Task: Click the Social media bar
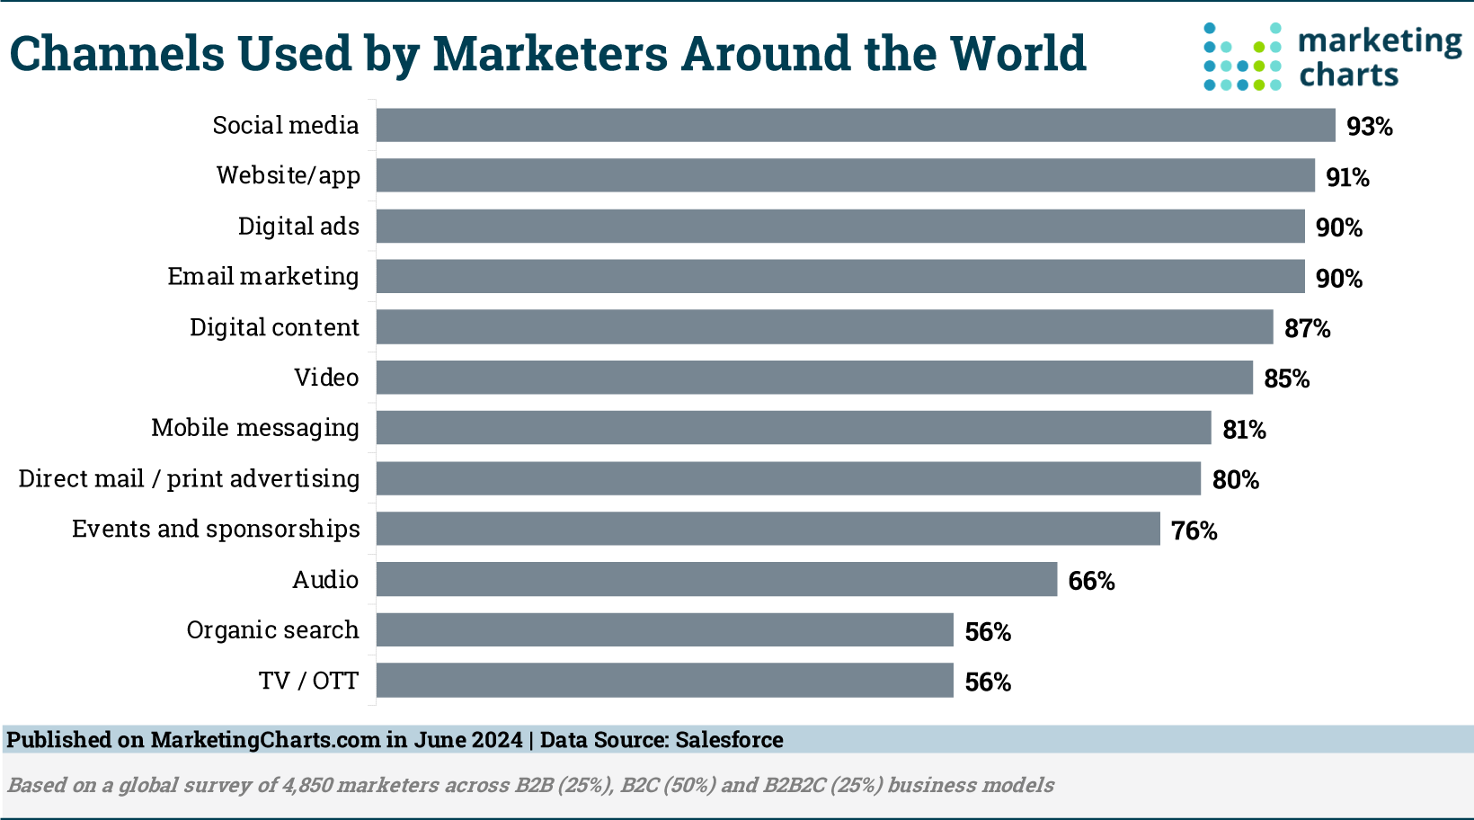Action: pos(856,125)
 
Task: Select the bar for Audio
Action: pos(716,579)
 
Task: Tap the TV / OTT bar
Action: pos(664,680)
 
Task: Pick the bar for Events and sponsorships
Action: pos(768,529)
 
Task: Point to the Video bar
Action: pos(814,377)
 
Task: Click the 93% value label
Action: pos(1370,127)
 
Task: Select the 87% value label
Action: pos(1307,328)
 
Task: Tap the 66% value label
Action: pos(1091,581)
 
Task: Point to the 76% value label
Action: pos(1194,530)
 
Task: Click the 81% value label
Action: pos(1244,430)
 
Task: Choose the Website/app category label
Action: pos(289,175)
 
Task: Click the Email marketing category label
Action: pos(263,276)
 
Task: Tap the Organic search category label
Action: pos(272,629)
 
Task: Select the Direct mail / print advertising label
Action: pos(189,478)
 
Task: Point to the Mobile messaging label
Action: pos(255,428)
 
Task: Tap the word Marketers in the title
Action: pos(549,53)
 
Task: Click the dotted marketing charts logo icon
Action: pos(1242,57)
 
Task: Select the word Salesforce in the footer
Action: pos(729,740)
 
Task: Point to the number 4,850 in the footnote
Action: pos(307,785)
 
